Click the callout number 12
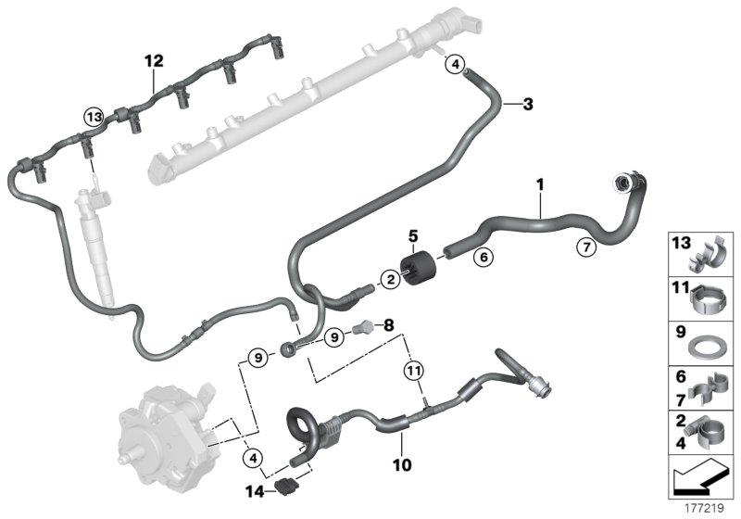pos(153,61)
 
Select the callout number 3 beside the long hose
pos(528,104)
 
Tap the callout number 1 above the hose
pos(539,186)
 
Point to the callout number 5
pos(414,235)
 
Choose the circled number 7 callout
pos(584,247)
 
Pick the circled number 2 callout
pos(391,278)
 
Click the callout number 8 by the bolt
pos(388,326)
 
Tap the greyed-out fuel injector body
pos(98,241)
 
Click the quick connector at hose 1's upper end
pos(620,184)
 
